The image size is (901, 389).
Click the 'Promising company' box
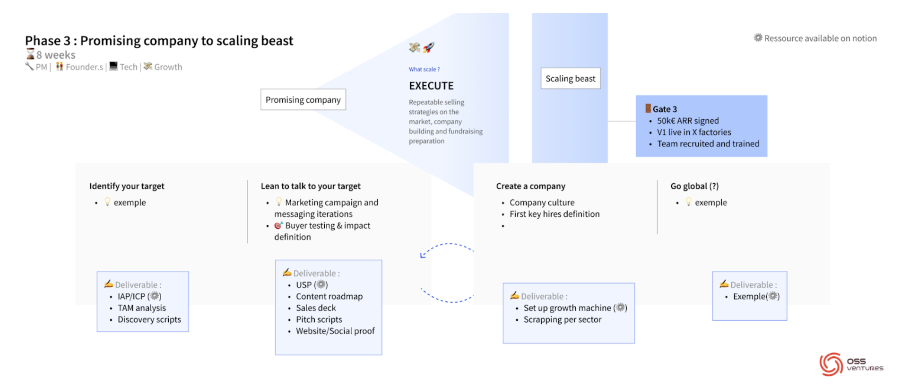pos(303,99)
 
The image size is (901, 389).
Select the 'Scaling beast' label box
pos(570,79)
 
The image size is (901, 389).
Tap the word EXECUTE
pos(431,86)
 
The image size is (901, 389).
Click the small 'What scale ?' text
pos(424,69)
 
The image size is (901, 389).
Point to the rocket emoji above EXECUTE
pos(428,47)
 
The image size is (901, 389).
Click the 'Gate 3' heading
pos(664,109)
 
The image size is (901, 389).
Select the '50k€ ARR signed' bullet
pos(687,121)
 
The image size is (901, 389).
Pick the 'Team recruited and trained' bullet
pos(708,144)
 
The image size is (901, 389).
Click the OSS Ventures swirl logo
pos(831,364)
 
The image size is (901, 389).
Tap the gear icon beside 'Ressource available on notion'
pos(758,38)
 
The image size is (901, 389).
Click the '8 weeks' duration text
pos(56,55)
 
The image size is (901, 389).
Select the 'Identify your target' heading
pos(127,186)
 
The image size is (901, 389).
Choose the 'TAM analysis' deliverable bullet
pos(141,308)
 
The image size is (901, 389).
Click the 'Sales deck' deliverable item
pos(316,308)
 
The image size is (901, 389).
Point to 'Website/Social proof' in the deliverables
pos(335,331)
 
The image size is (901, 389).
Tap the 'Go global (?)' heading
pos(694,186)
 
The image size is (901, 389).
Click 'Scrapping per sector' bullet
pos(562,320)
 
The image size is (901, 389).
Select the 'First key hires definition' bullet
pos(554,214)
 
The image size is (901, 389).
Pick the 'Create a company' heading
pos(530,186)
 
